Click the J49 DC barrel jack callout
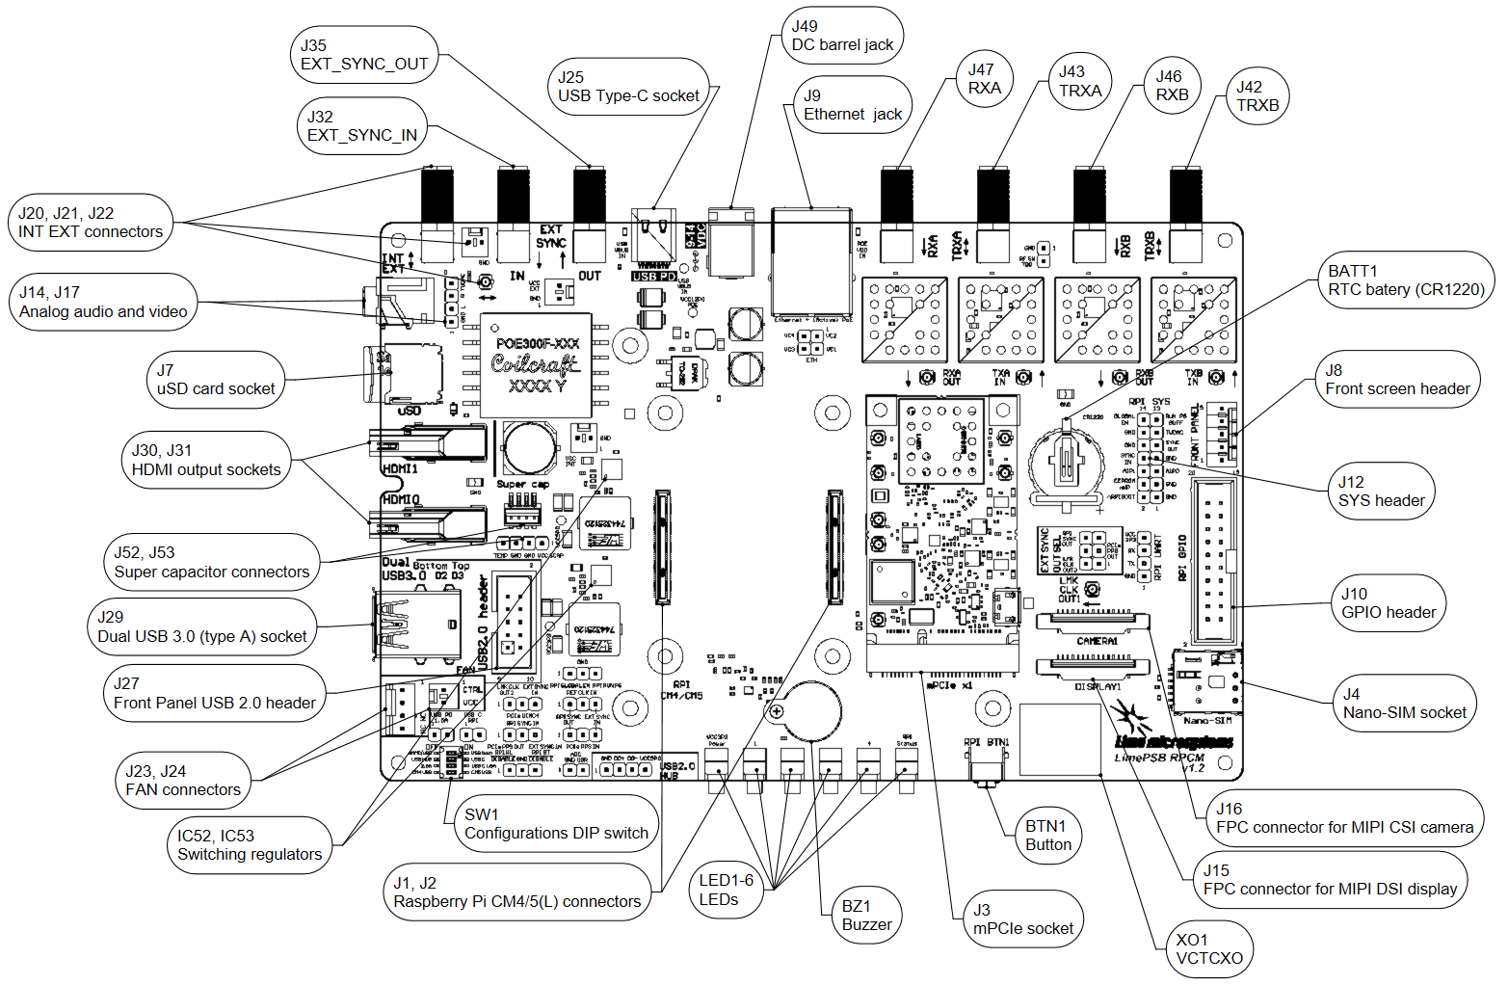point(842,36)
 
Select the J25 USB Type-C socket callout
point(628,87)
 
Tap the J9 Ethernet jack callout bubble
point(853,105)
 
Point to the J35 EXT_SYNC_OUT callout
point(364,55)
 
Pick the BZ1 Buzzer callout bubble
point(866,916)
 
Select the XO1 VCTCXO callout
point(1209,949)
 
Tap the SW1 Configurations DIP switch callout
point(556,824)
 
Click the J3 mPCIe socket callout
point(1022,919)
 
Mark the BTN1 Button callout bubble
point(1047,836)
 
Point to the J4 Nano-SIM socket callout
point(1404,704)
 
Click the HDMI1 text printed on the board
point(401,468)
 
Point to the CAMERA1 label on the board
point(1097,641)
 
